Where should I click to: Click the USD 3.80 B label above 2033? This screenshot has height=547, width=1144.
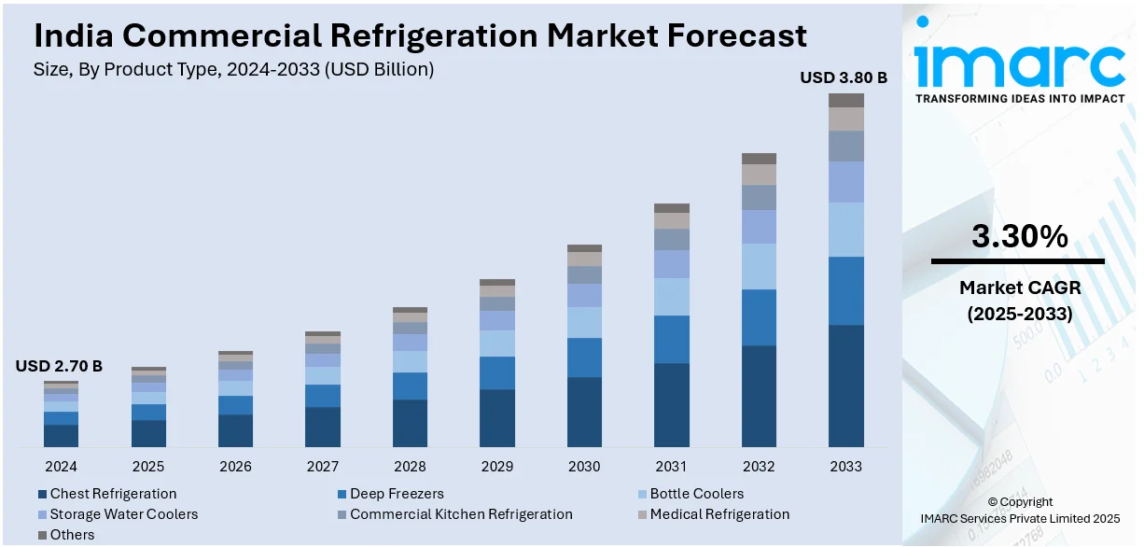(843, 78)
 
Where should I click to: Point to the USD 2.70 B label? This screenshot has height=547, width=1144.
(59, 366)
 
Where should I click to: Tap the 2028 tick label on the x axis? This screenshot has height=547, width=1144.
(410, 466)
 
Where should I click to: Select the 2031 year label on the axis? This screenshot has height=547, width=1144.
(671, 466)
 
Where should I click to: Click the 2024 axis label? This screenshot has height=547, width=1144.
(61, 466)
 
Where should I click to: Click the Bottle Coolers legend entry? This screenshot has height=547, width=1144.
(696, 494)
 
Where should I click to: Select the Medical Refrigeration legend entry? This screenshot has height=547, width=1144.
(719, 514)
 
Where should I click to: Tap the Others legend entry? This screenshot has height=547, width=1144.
(72, 535)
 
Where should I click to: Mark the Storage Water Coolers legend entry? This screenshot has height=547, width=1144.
(123, 514)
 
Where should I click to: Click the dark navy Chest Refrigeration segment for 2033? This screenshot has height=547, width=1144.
(846, 386)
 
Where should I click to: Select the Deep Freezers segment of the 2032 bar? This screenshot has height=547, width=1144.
(759, 317)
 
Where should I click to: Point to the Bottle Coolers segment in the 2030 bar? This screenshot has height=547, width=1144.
(584, 322)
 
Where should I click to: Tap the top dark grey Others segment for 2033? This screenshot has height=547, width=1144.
(846, 100)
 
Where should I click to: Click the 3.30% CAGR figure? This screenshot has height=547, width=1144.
(1019, 237)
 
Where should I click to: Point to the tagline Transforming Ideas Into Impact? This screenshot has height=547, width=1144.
(1020, 98)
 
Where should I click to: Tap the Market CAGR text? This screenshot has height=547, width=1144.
(1018, 288)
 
